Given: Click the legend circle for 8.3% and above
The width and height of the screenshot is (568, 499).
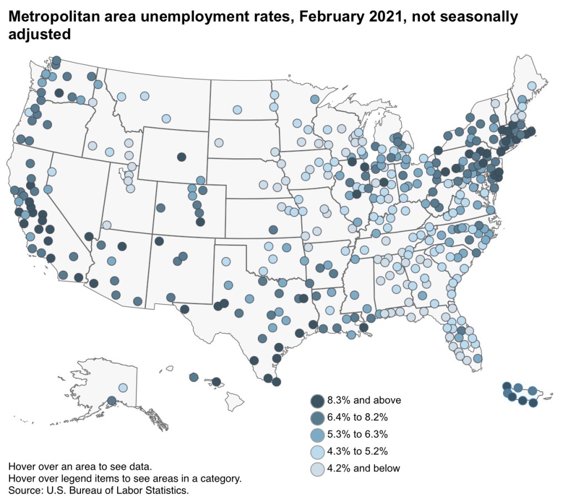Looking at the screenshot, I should pyautogui.click(x=317, y=400).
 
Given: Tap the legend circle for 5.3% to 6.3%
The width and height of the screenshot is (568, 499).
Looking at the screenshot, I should pyautogui.click(x=317, y=434).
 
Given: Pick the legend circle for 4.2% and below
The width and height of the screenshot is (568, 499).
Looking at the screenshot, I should pyautogui.click(x=317, y=469).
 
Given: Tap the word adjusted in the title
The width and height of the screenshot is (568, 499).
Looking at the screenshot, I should pyautogui.click(x=39, y=34).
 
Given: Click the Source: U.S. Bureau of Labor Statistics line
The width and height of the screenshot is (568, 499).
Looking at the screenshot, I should pyautogui.click(x=99, y=490).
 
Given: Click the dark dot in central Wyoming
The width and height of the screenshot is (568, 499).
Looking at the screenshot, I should pyautogui.click(x=181, y=156).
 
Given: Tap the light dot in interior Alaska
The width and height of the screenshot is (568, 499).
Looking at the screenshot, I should pyautogui.click(x=123, y=388).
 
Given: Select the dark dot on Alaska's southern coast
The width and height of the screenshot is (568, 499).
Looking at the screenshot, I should pyautogui.click(x=111, y=400).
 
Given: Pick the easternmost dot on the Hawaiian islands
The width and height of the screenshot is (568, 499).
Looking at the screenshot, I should pyautogui.click(x=217, y=382).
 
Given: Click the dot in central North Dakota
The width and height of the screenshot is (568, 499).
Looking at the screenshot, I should pyautogui.click(x=237, y=110).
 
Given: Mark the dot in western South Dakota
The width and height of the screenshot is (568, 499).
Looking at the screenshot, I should pyautogui.click(x=219, y=142).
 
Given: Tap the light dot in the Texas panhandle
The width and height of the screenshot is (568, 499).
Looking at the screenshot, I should pyautogui.click(x=226, y=261).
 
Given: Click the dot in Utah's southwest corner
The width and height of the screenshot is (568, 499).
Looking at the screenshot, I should pyautogui.click(x=106, y=225).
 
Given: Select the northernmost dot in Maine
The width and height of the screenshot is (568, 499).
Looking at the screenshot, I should pyautogui.click(x=531, y=86).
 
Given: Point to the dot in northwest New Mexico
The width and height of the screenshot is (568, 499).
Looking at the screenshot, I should pyautogui.click(x=159, y=241).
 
